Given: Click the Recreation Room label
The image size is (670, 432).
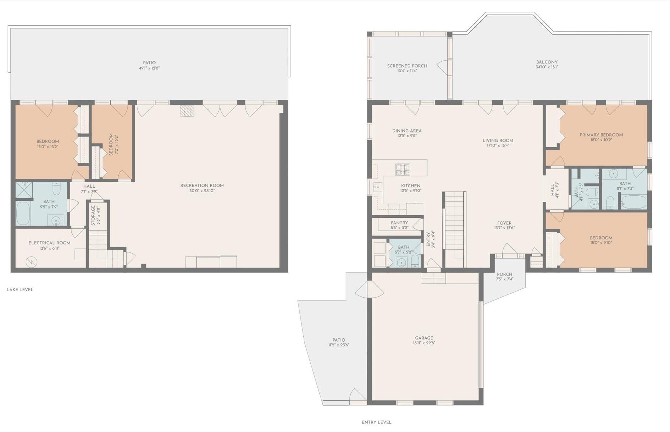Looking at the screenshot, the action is click(x=202, y=185).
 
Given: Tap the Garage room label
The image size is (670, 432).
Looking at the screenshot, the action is click(x=424, y=338).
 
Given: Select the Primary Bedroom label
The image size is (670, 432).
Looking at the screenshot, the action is click(x=601, y=135).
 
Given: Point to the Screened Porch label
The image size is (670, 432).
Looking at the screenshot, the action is click(x=407, y=66).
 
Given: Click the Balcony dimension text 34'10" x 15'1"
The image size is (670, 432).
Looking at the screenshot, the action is click(x=547, y=67).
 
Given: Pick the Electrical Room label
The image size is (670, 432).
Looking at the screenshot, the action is click(x=49, y=243).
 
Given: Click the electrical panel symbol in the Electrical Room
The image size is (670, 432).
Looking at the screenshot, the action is click(x=32, y=262).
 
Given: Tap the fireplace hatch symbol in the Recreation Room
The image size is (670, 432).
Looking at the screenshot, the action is click(x=187, y=111).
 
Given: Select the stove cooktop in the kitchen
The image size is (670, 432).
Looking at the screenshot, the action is click(x=403, y=170).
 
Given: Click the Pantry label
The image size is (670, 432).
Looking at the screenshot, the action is click(x=399, y=223).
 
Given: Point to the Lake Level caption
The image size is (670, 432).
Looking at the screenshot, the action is click(x=20, y=289).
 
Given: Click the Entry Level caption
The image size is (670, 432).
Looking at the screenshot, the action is click(x=376, y=422).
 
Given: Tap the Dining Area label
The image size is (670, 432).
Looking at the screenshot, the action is click(x=407, y=131).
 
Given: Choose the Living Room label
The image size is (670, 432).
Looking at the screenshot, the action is click(x=498, y=140).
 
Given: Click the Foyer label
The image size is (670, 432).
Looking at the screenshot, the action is click(x=504, y=223).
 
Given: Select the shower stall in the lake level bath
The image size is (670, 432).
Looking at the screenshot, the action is click(x=24, y=190).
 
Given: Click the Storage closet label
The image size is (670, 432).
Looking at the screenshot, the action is click(x=93, y=215).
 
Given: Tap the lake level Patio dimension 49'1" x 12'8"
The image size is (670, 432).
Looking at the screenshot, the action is click(x=149, y=68).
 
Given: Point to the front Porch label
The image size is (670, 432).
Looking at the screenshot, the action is click(x=504, y=274).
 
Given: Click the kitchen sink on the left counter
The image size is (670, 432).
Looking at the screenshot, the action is click(x=377, y=187).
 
